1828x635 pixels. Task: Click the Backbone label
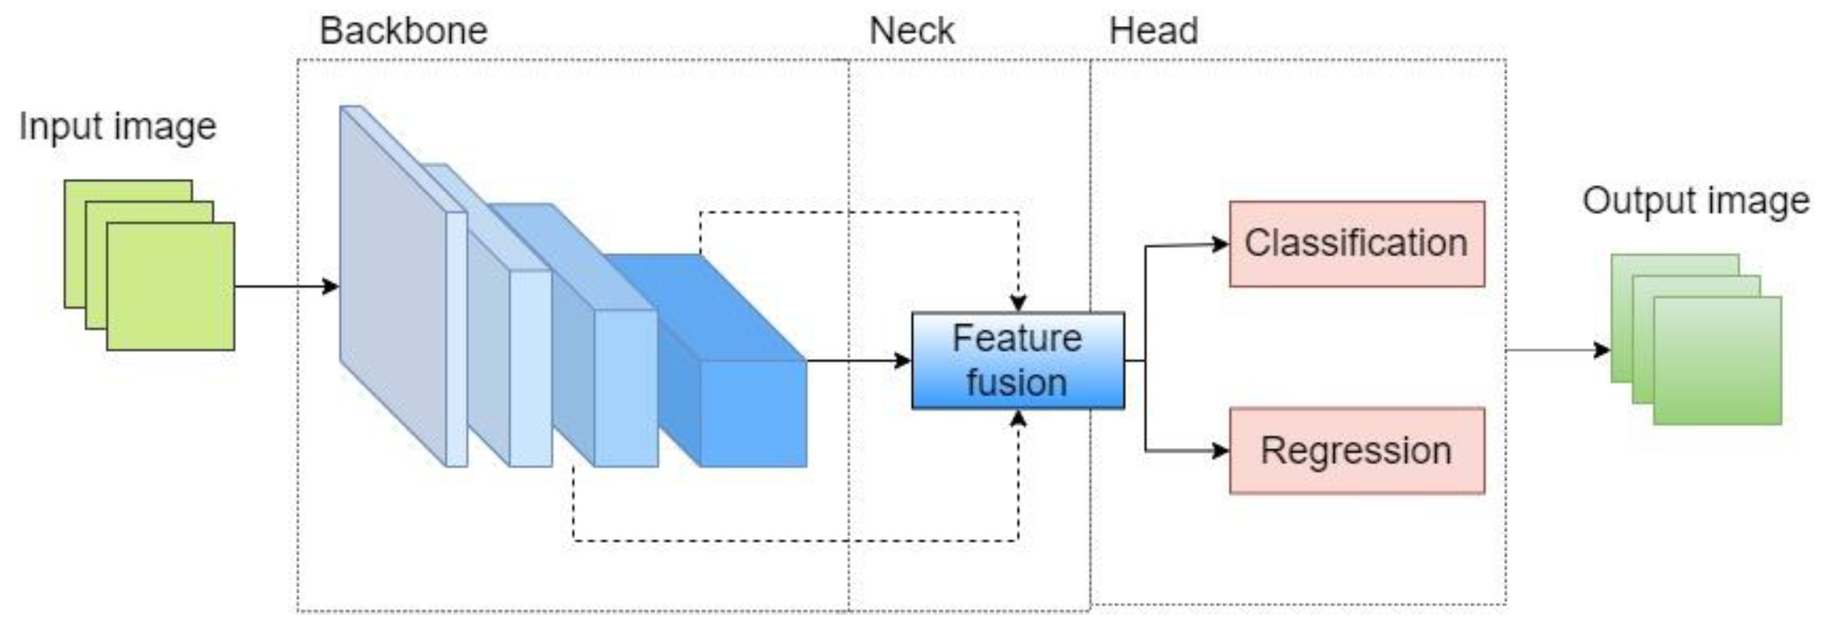[403, 31]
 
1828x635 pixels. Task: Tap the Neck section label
[911, 31]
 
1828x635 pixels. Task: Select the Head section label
[1153, 31]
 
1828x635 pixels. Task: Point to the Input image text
[117, 127]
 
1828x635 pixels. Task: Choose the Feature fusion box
[1018, 360]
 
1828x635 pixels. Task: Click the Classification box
[1356, 243]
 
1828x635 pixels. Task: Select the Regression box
[1356, 451]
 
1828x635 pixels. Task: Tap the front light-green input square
[170, 286]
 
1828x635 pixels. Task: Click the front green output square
[1717, 360]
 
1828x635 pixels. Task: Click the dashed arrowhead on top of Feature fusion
[1018, 304]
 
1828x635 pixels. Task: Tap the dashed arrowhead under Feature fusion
[1018, 418]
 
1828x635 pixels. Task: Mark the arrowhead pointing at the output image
[1601, 350]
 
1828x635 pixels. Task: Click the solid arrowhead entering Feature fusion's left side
[903, 360]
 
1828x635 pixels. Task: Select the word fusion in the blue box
[1016, 383]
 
